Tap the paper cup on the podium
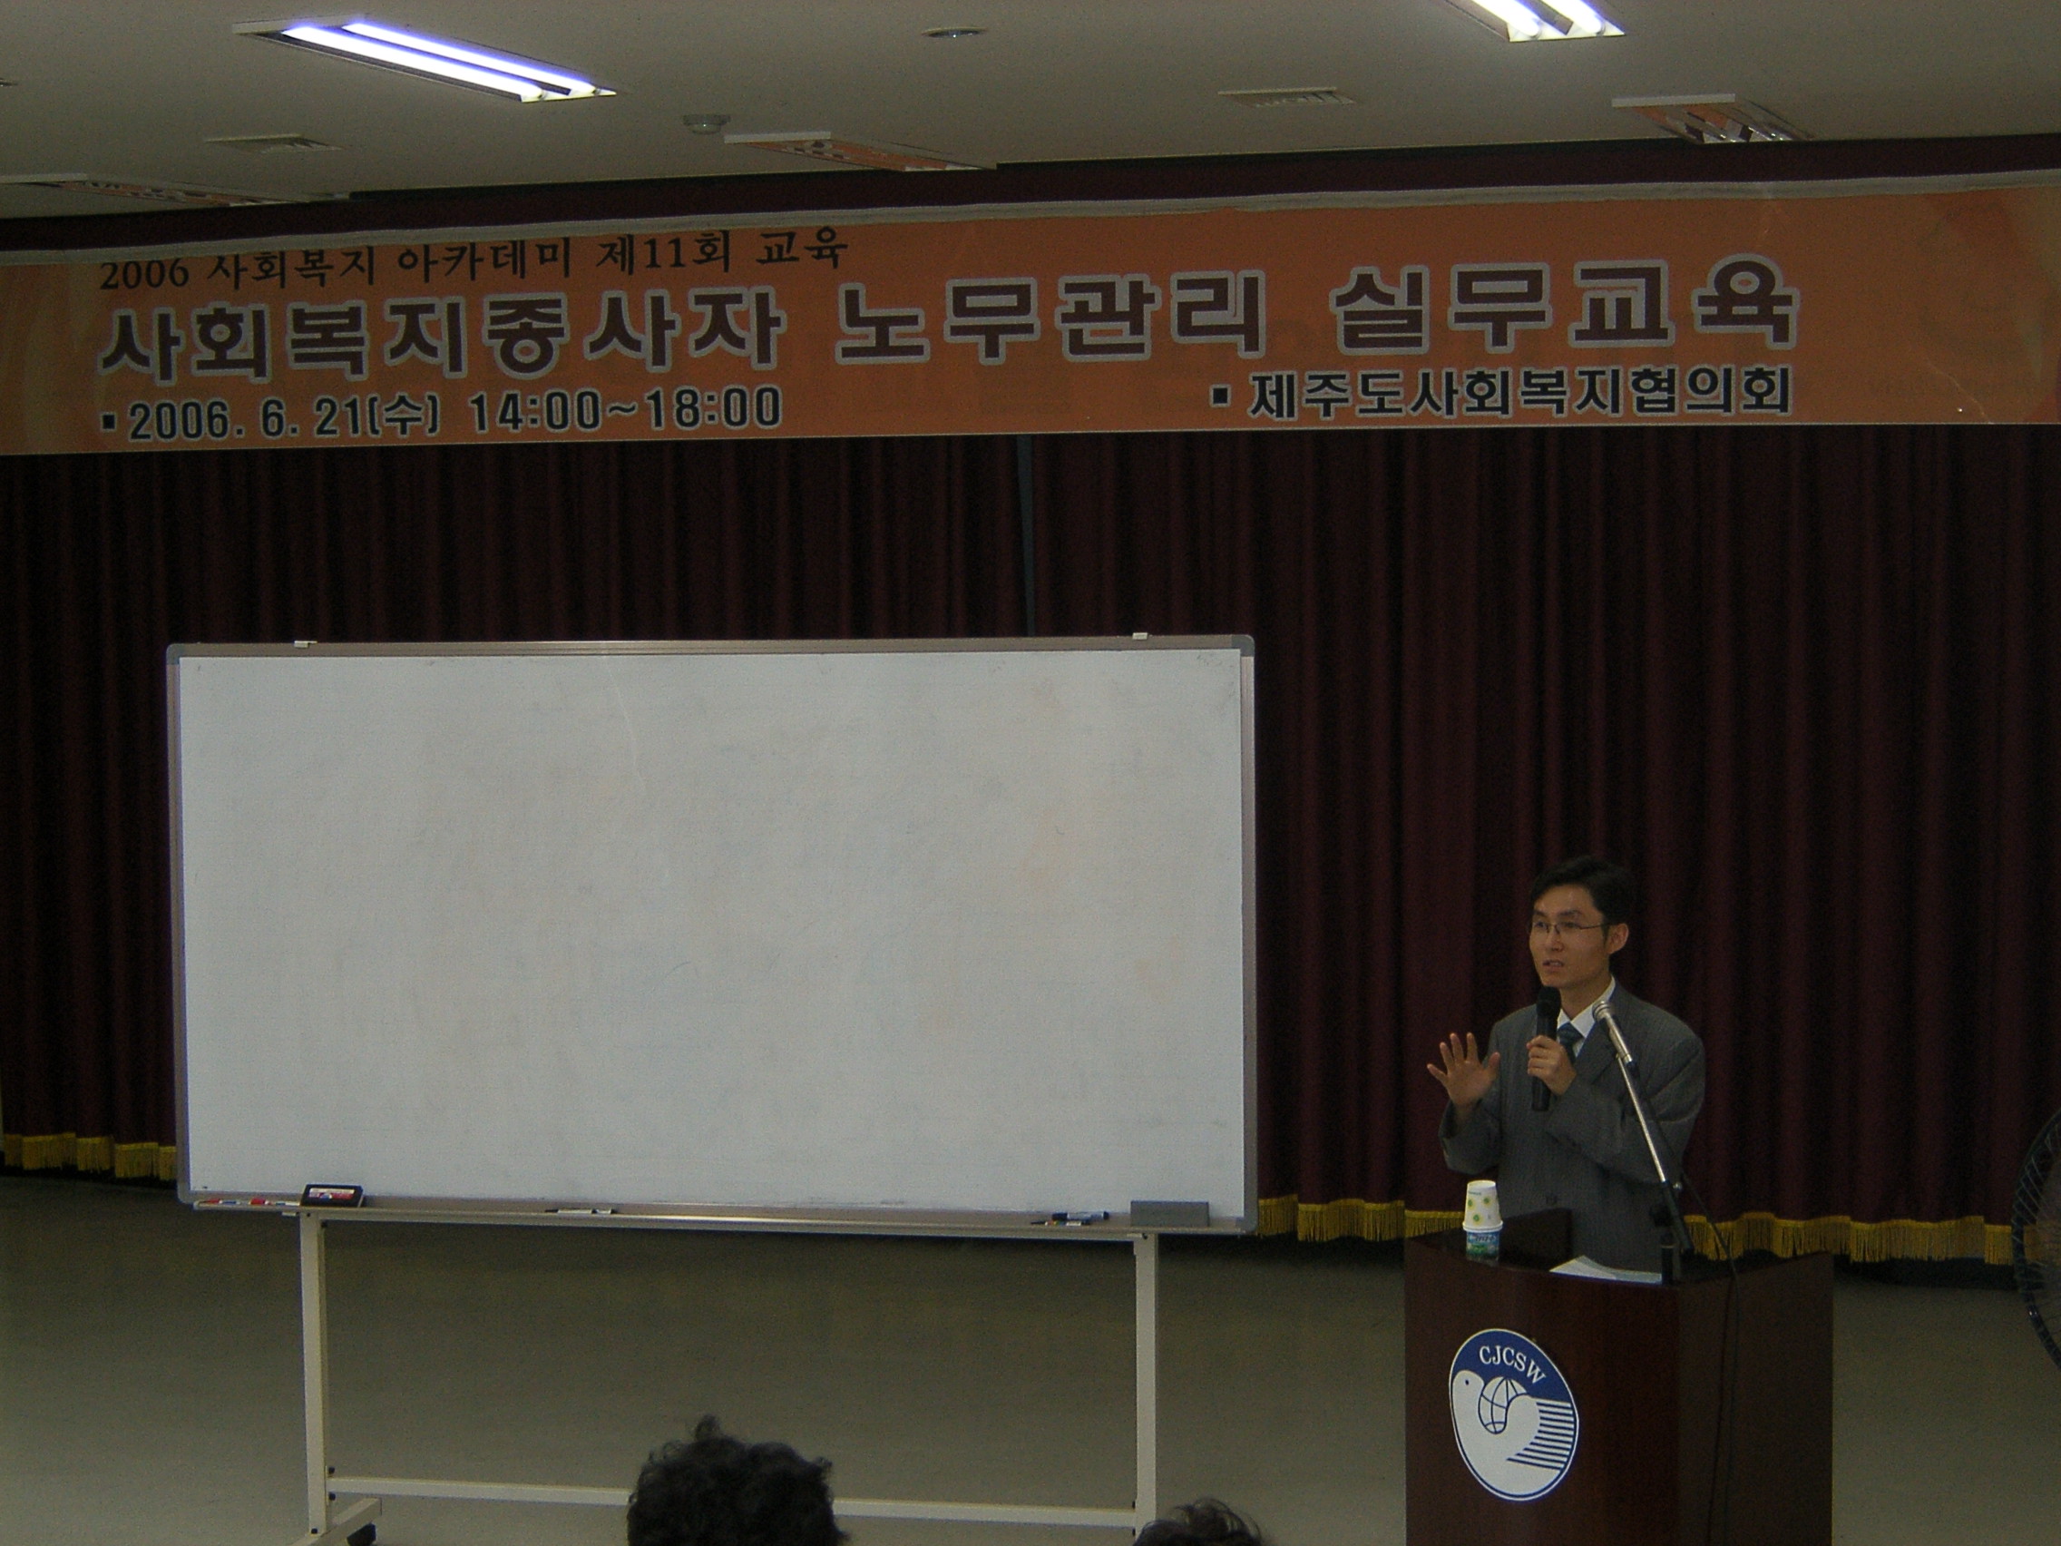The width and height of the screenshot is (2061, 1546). pyautogui.click(x=1480, y=1221)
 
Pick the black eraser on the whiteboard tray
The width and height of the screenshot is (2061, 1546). pyautogui.click(x=332, y=1193)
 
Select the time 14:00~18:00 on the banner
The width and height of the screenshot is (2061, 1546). pyautogui.click(x=625, y=410)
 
